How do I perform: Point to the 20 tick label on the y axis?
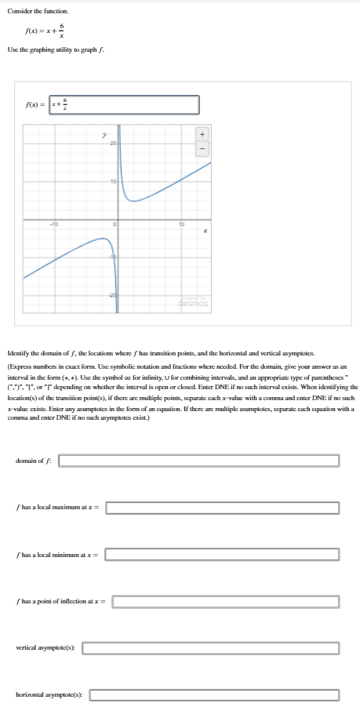coord(112,144)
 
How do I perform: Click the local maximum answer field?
coord(223,508)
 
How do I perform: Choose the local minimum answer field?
coord(222,555)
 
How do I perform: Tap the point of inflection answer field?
coord(227,602)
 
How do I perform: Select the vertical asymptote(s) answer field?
coord(211,648)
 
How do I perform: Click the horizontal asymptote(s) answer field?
coord(215,694)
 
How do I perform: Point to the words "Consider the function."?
coord(38,11)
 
